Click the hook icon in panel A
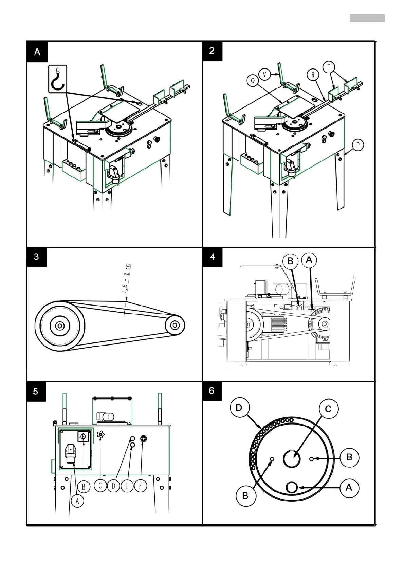[x=58, y=79]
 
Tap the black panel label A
[x=37, y=52]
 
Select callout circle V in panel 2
[x=264, y=74]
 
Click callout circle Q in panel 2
[x=253, y=81]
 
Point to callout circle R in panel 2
[x=313, y=75]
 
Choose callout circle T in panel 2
[x=328, y=67]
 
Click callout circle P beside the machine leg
[x=357, y=145]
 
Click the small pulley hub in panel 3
[x=175, y=325]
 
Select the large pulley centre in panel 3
[x=60, y=326]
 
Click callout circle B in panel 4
[x=290, y=261]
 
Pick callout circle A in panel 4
[x=309, y=260]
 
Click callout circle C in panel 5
[x=100, y=486]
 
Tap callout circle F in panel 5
[x=140, y=486]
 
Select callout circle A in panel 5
[x=77, y=501]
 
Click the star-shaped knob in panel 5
[x=100, y=434]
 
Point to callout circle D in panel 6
[x=239, y=408]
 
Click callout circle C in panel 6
[x=328, y=409]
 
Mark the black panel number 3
[x=37, y=257]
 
